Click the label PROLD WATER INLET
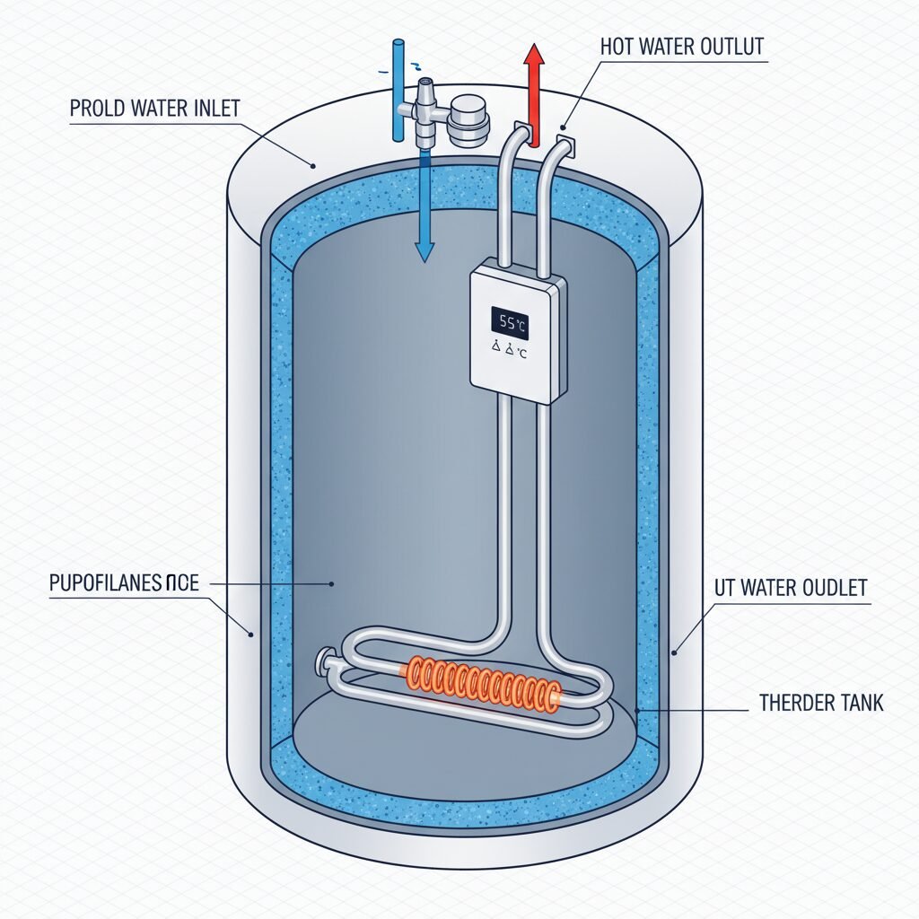[154, 109]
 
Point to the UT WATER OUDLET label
[791, 589]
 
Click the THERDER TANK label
[821, 702]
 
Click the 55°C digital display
[509, 322]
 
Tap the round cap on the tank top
[467, 121]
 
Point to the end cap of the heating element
[321, 666]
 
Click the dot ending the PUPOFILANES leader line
[331, 584]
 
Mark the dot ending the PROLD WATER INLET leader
[313, 165]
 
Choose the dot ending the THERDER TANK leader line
[638, 710]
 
